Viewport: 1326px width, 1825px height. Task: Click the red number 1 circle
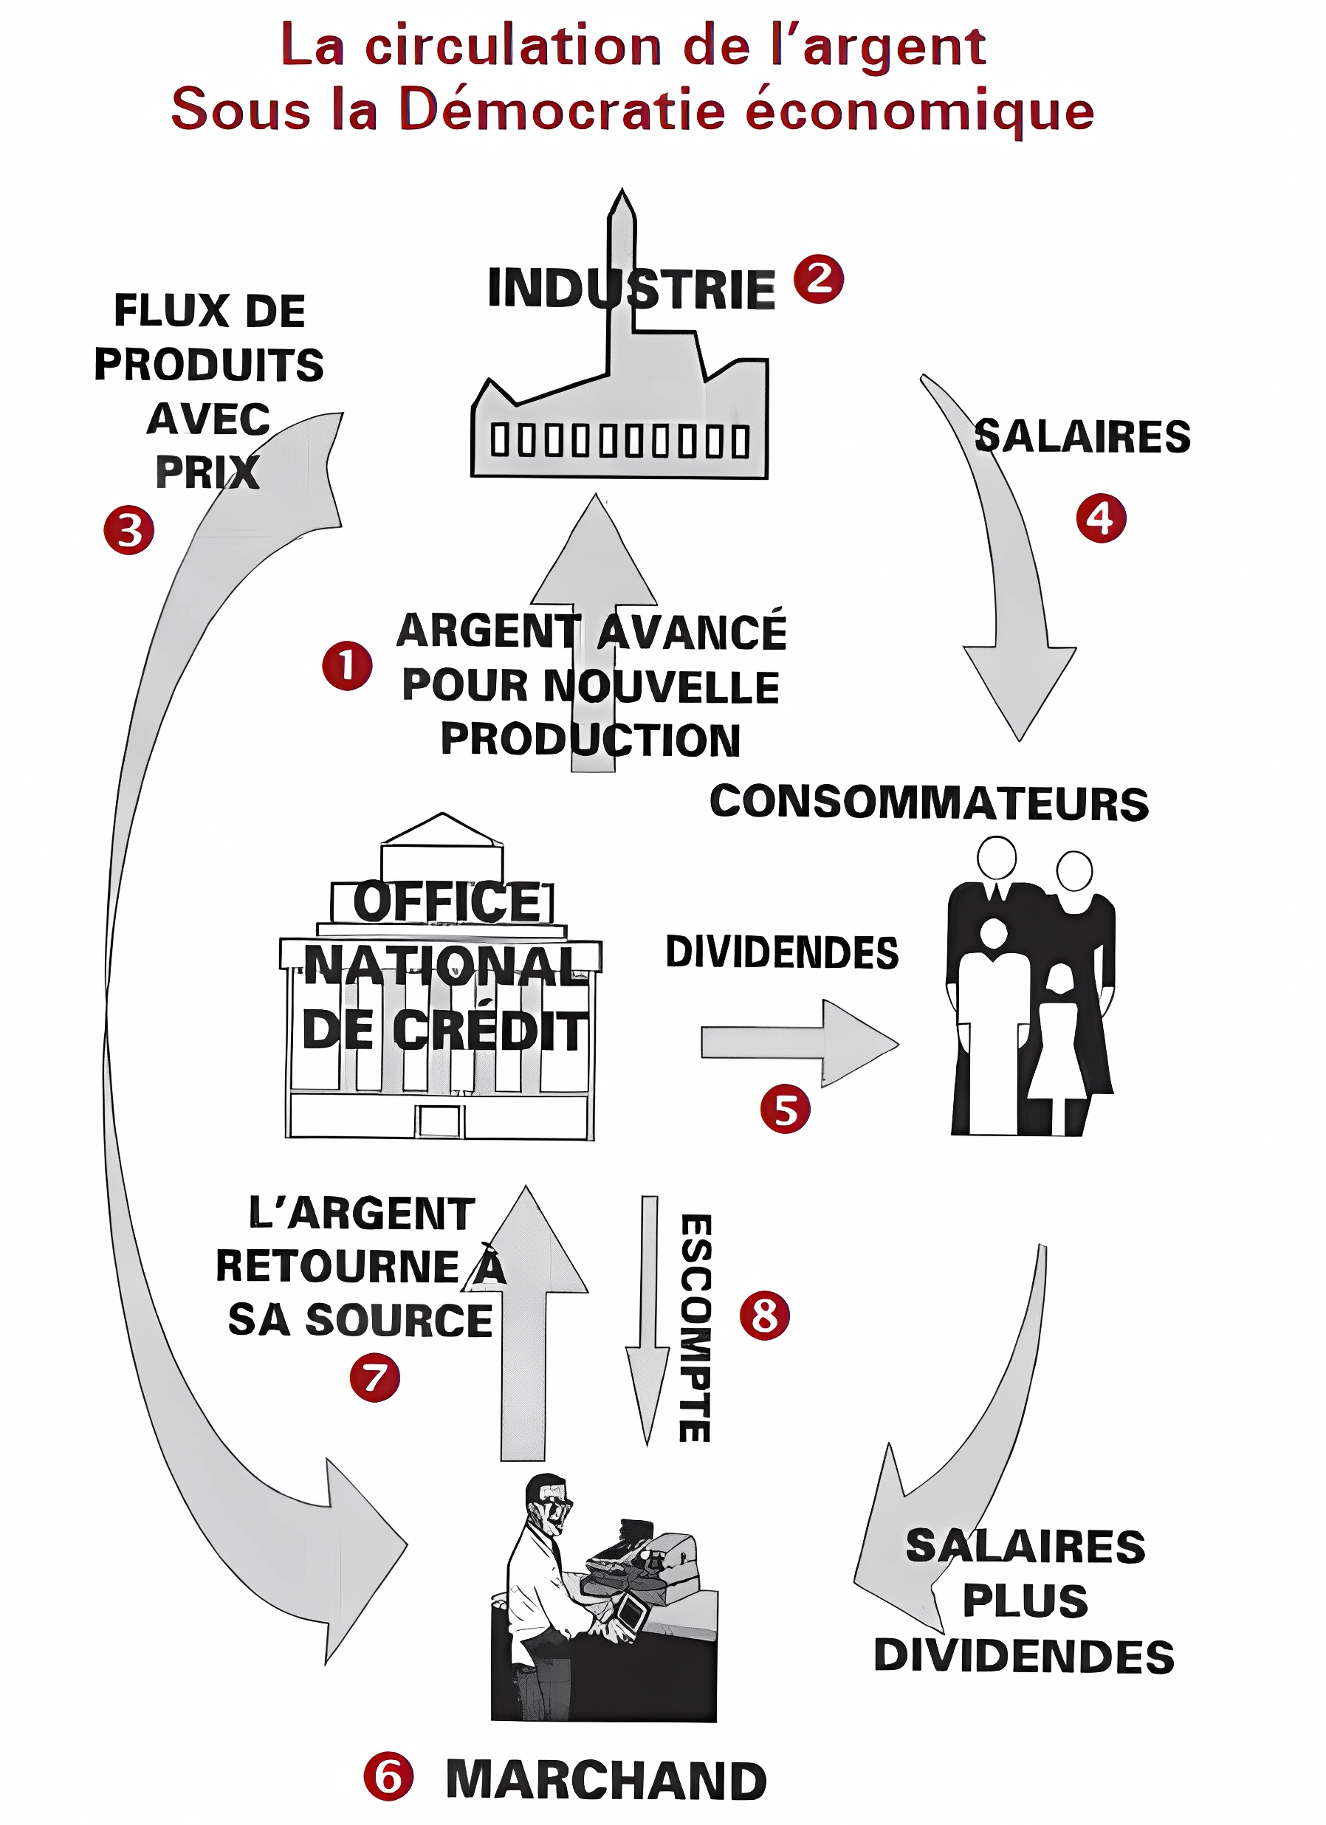(x=347, y=665)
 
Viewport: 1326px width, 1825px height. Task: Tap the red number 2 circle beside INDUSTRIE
(x=818, y=279)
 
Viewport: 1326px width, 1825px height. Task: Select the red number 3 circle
(x=128, y=530)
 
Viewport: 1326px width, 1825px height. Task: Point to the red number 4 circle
(x=1101, y=518)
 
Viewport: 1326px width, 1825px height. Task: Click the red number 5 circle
(x=785, y=1109)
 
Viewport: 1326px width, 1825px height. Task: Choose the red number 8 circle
(x=764, y=1316)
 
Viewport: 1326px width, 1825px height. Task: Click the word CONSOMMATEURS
(x=930, y=803)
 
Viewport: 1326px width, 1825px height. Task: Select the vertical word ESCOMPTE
(x=695, y=1327)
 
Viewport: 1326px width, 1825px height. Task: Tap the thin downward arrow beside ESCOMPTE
(x=647, y=1320)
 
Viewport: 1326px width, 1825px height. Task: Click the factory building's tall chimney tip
(x=621, y=197)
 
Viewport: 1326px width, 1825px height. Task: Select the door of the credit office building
(x=439, y=1121)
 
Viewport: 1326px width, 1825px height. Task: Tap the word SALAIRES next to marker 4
(x=1082, y=437)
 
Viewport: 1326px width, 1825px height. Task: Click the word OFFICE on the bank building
(x=449, y=901)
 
